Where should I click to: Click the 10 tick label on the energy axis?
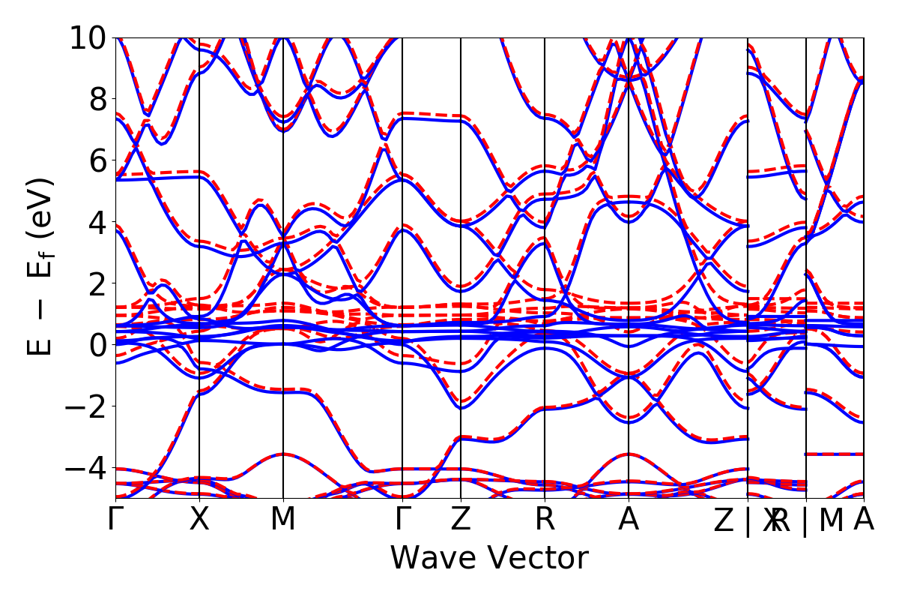coord(88,37)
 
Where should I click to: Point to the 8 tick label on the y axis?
coord(96,99)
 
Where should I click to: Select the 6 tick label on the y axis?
coord(96,160)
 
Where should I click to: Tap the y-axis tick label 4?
coord(96,222)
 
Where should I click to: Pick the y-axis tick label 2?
coord(96,283)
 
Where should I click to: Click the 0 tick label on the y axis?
coord(96,345)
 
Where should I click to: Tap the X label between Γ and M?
coord(199,520)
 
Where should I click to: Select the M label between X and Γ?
coord(283,520)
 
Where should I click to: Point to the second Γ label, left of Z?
coord(403,520)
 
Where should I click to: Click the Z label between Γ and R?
coord(461,520)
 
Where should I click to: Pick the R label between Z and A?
coord(545,520)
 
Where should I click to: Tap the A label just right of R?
coord(629,520)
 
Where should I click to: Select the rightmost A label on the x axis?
coord(864,520)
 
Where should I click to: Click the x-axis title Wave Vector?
coord(489,559)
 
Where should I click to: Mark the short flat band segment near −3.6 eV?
coord(835,454)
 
